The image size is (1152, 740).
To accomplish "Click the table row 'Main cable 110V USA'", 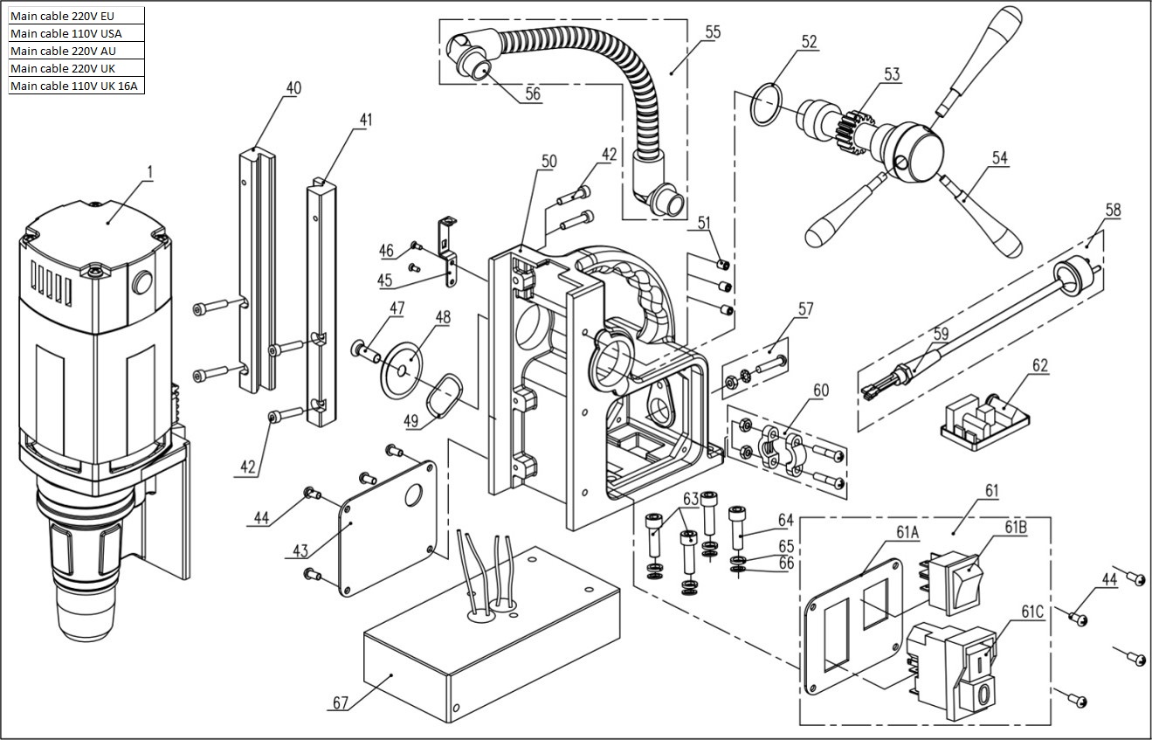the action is pos(77,33).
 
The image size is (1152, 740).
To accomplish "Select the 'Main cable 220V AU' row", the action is pos(77,51).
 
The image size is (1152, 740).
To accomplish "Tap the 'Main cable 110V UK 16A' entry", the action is pos(77,86).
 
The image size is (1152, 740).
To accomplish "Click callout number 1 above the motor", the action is pos(150,172).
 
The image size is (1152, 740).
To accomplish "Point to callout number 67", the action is pos(341,703).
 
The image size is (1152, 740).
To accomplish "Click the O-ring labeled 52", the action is pos(766,104).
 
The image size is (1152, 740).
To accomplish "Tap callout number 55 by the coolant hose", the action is pos(713,32).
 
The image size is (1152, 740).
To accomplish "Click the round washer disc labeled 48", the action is pos(401,370).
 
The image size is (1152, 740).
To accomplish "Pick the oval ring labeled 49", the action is pos(445,395).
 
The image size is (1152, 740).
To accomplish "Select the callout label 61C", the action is pos(1032,612).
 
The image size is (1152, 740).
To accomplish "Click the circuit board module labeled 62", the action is pos(985,421).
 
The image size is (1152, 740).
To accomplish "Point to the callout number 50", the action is pos(548,161).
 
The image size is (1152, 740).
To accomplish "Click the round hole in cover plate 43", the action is pos(413,496).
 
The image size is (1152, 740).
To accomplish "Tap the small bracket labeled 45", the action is pos(448,252).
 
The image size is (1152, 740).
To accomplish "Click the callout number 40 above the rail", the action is pos(293,88).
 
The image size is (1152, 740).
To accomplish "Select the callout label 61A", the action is pos(907,532).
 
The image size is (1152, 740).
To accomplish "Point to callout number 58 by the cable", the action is pos(1113,210).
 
